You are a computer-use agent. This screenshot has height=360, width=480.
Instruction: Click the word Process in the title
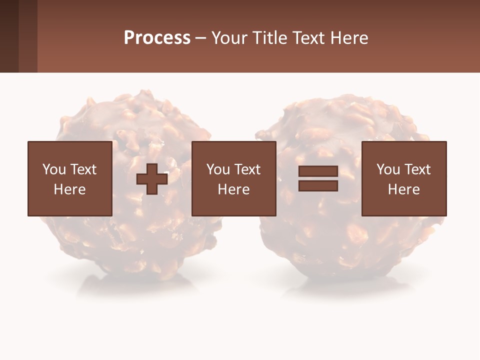(157, 38)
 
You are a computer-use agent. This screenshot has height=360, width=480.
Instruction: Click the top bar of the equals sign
(318, 171)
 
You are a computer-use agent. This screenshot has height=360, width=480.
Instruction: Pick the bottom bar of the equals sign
(318, 186)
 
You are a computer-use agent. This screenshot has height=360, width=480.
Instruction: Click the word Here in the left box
(69, 189)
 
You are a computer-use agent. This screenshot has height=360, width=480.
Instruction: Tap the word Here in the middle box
(233, 189)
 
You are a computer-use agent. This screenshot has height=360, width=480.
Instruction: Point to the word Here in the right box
(403, 189)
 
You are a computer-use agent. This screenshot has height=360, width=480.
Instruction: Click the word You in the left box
(54, 169)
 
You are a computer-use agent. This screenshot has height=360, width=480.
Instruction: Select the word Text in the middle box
(247, 169)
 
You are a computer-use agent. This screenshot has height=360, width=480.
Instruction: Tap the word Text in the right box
(417, 169)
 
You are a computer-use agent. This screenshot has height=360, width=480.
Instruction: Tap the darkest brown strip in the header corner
(9, 36)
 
